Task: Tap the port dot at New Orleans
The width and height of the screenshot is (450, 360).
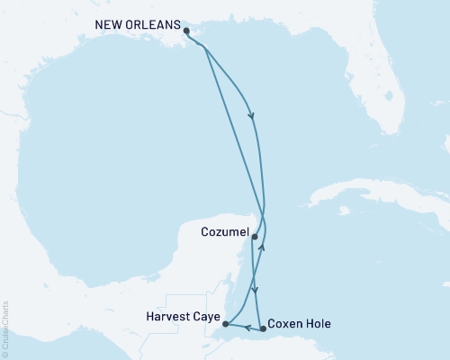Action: click(x=186, y=31)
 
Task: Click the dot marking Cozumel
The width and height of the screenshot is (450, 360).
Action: click(x=255, y=238)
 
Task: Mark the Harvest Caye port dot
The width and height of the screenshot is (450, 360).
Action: click(x=225, y=324)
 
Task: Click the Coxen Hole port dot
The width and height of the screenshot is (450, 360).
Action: click(x=263, y=328)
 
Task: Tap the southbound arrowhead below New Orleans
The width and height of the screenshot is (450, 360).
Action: click(x=251, y=116)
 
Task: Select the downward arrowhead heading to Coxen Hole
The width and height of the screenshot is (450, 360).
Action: click(x=256, y=290)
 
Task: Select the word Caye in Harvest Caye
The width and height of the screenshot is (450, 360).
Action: click(x=204, y=316)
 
